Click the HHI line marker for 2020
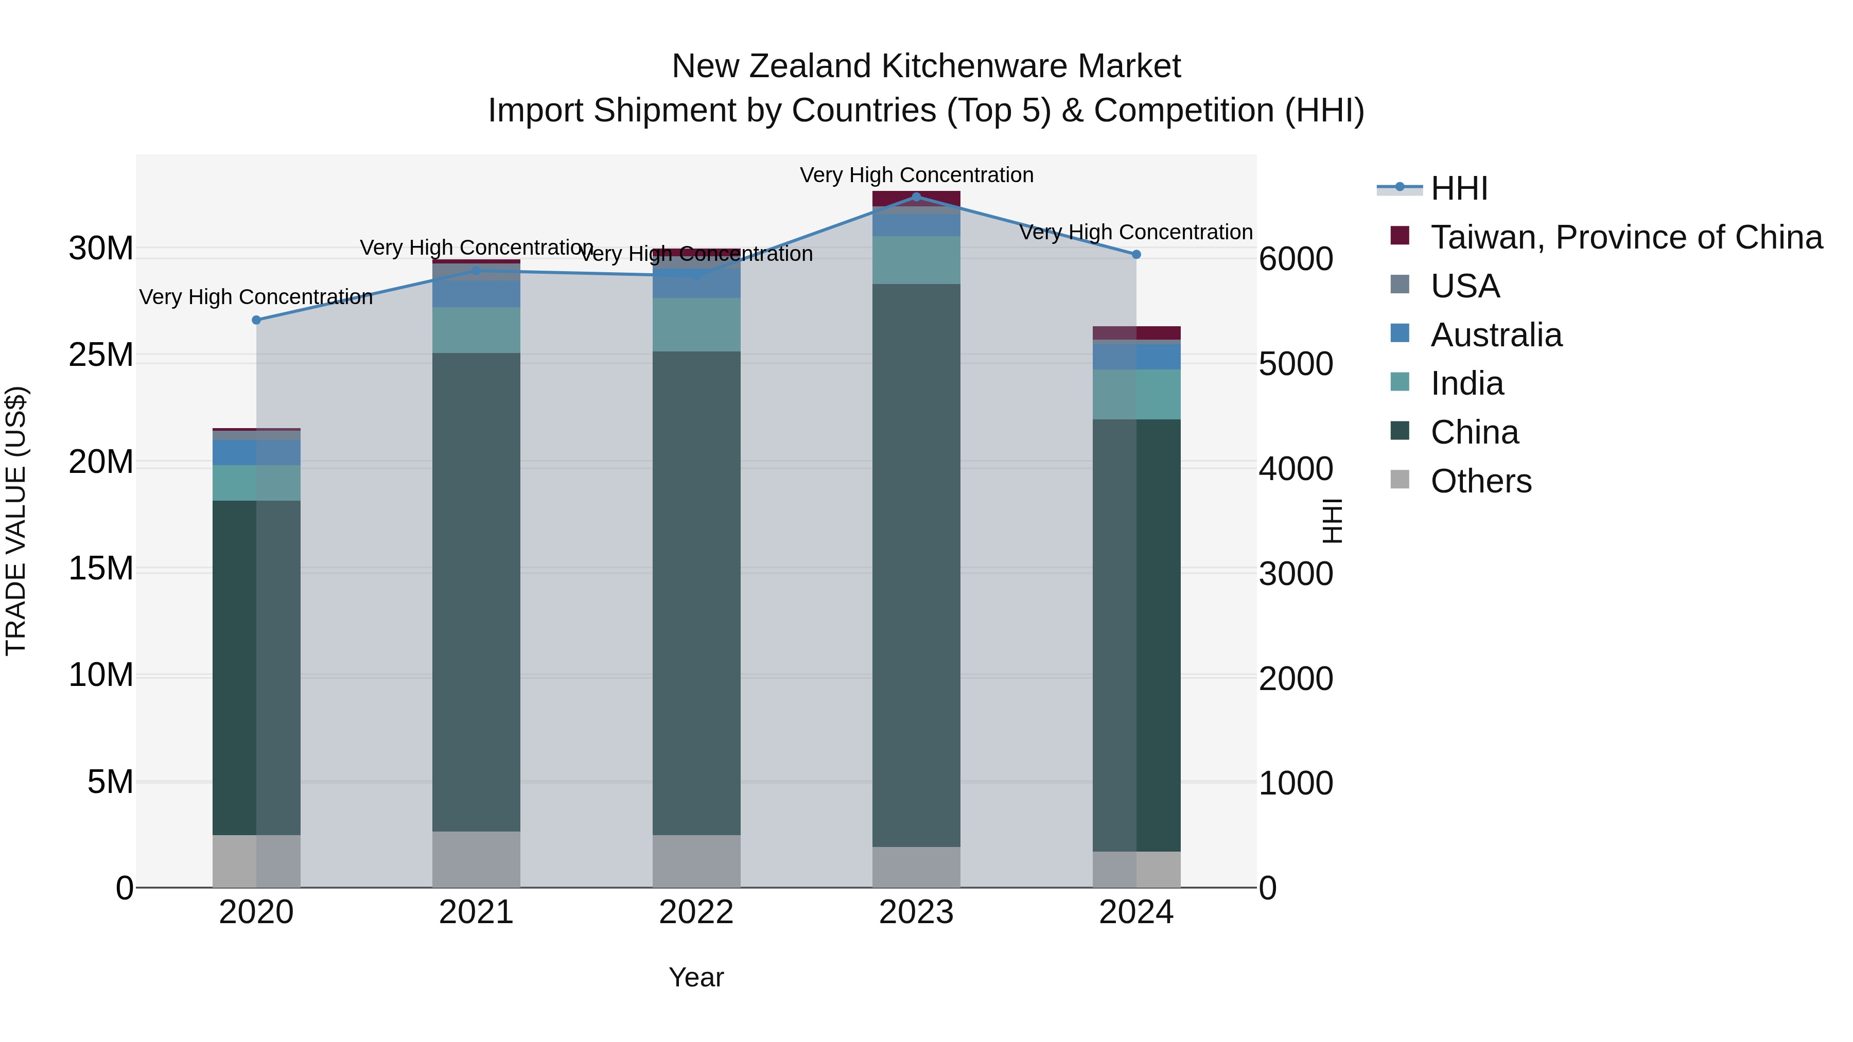pos(256,320)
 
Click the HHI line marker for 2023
pos(916,197)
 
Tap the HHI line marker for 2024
pos(1136,255)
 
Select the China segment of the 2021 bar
pos(476,590)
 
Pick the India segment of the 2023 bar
pos(916,260)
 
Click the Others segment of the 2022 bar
pos(696,861)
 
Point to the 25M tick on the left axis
pos(101,355)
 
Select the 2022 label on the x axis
pos(696,912)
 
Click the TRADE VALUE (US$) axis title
pos(16,521)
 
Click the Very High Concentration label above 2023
pos(916,175)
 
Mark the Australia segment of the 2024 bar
pos(1137,357)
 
